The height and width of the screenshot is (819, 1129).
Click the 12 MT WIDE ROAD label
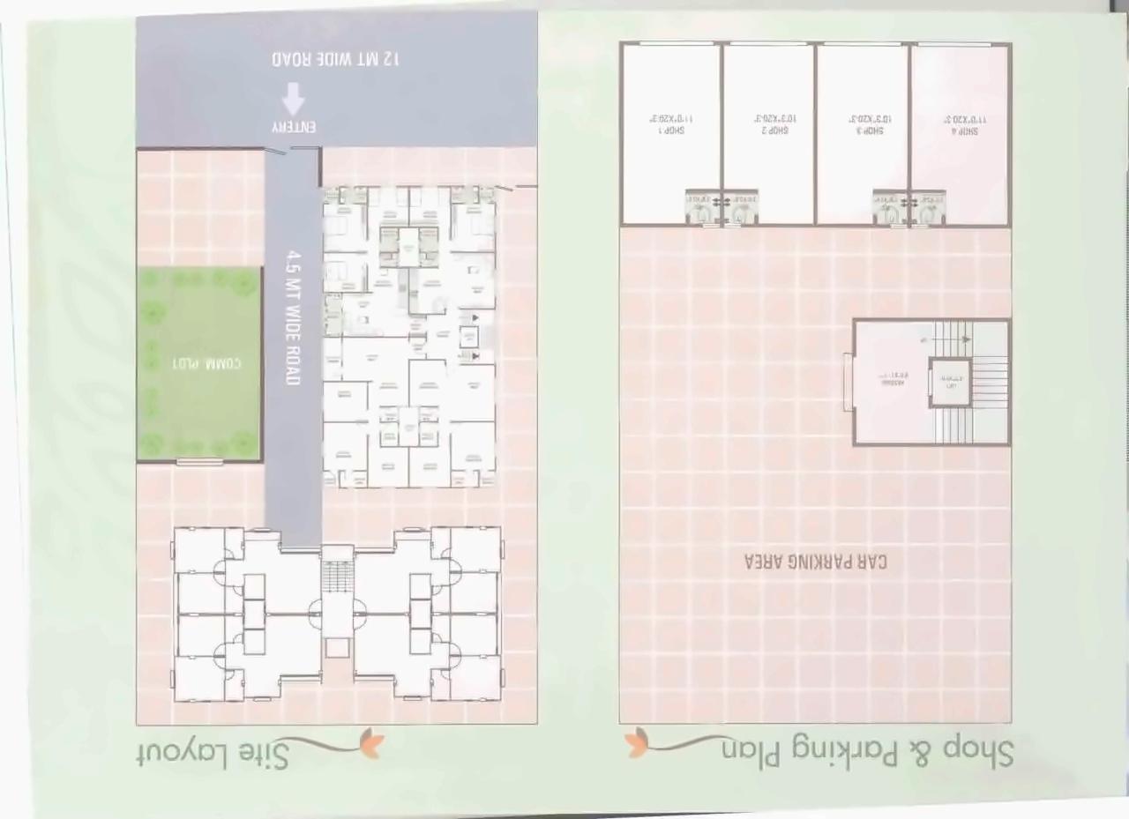(x=336, y=58)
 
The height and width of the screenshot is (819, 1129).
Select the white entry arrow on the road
(x=294, y=98)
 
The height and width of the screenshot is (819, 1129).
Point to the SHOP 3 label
(x=868, y=130)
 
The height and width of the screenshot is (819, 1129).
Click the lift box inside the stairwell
(x=950, y=383)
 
